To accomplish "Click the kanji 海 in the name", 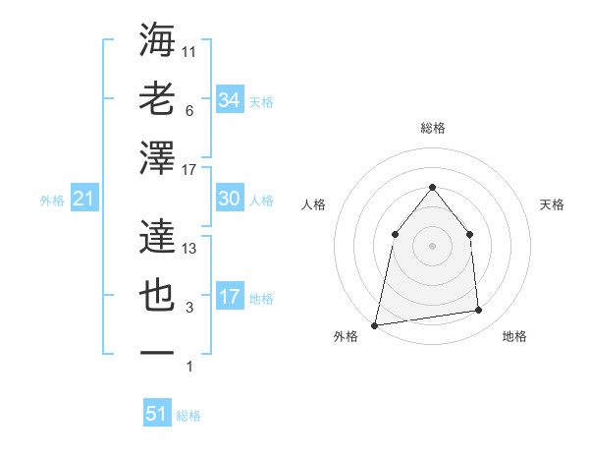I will pos(157,41).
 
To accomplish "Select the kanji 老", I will pos(157,99).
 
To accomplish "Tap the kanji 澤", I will pos(157,158).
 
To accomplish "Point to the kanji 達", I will pos(157,237).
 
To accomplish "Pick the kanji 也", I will pos(157,296).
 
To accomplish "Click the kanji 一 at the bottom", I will pos(157,351).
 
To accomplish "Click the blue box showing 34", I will pos(229,99).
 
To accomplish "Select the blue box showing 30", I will pos(229,199).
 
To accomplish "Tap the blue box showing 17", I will pos(229,297).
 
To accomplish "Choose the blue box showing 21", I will pos(83,200).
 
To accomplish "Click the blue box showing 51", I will pos(157,414).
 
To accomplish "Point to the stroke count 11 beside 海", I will pos(189,51).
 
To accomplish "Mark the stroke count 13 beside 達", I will pos(189,249).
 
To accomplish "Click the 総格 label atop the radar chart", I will pos(432,128).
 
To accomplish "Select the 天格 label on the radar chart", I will pos(552,204).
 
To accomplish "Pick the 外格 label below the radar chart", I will pos(346,336).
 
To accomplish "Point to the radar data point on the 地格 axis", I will pos(479,311).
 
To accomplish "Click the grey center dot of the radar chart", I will pos(432,245).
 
